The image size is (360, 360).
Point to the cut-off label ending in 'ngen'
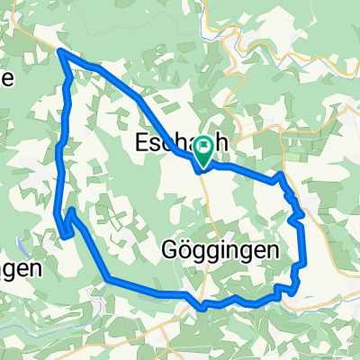(20, 268)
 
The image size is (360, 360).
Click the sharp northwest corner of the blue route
(60, 51)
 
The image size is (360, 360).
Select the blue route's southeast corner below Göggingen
(294, 289)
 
